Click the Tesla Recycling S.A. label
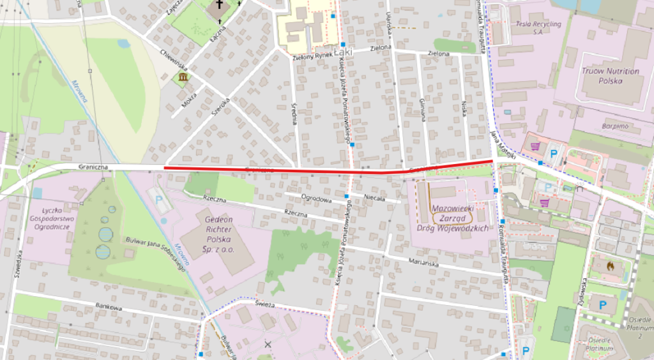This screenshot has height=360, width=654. click(538, 27)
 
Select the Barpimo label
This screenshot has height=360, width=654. click(615, 126)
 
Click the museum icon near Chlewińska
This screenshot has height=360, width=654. click(183, 78)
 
